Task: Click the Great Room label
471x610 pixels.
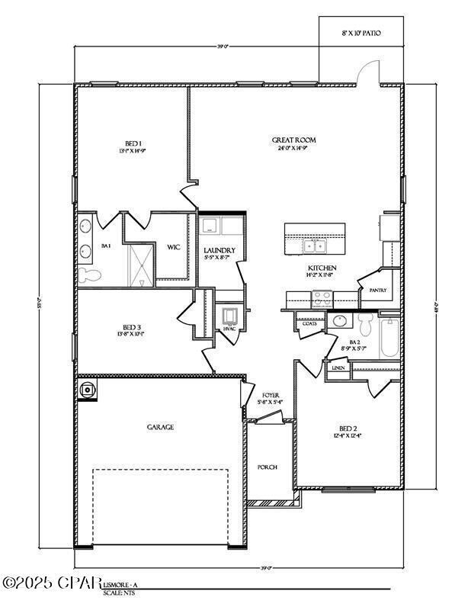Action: (x=293, y=140)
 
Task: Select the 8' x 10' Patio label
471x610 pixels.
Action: (x=360, y=34)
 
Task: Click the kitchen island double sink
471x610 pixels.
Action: (x=313, y=246)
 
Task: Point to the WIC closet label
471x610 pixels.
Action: (x=173, y=247)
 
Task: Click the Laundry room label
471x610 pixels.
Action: (x=219, y=250)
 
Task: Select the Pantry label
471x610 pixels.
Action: (x=377, y=291)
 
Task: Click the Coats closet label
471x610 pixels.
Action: (x=309, y=323)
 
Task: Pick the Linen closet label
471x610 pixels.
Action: (x=338, y=368)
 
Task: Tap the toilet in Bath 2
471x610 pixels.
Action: (x=366, y=326)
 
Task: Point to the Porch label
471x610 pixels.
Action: (x=267, y=467)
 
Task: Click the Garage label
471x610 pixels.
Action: (x=160, y=427)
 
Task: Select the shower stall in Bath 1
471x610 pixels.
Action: (x=140, y=264)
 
